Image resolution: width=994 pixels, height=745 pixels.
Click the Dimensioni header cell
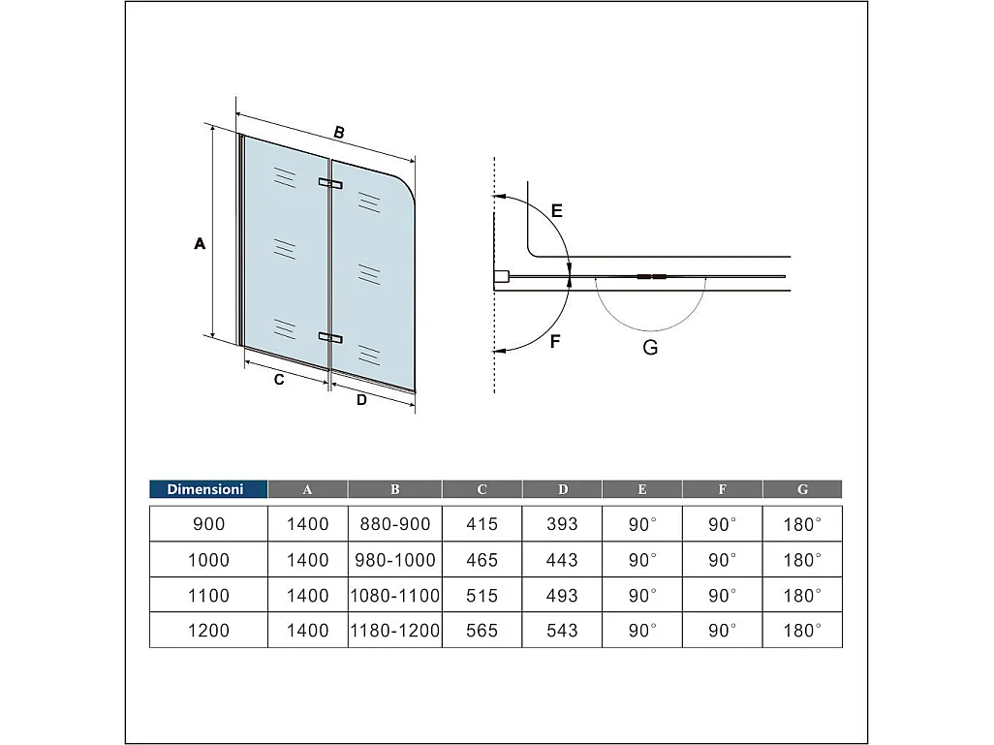click(208, 489)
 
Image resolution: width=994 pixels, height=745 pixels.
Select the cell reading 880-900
click(394, 524)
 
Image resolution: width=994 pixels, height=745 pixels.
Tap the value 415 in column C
click(481, 524)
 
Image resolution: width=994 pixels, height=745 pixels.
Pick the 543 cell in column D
click(562, 631)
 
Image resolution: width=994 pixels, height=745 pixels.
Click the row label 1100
click(208, 595)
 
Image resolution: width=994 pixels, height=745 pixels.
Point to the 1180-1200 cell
click(394, 631)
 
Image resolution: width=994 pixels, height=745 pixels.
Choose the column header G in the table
click(802, 489)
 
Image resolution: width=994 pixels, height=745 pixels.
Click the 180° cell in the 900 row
click(802, 524)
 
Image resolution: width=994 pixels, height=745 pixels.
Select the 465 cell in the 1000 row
click(481, 560)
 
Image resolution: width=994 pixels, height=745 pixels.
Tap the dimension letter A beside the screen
click(200, 244)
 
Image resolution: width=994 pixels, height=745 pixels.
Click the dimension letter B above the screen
click(339, 133)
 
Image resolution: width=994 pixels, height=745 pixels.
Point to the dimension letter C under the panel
click(279, 380)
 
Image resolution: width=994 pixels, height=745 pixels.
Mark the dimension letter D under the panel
click(361, 400)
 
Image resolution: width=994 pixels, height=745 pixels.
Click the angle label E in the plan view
click(556, 210)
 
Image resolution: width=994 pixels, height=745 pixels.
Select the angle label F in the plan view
click(555, 341)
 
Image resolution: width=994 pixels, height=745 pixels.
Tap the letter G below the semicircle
click(650, 347)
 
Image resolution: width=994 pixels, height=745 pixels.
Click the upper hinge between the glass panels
click(329, 183)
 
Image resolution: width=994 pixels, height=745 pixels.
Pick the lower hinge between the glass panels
click(329, 337)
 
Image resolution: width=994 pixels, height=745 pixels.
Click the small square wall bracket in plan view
click(501, 278)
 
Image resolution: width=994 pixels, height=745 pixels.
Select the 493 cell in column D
click(562, 595)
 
